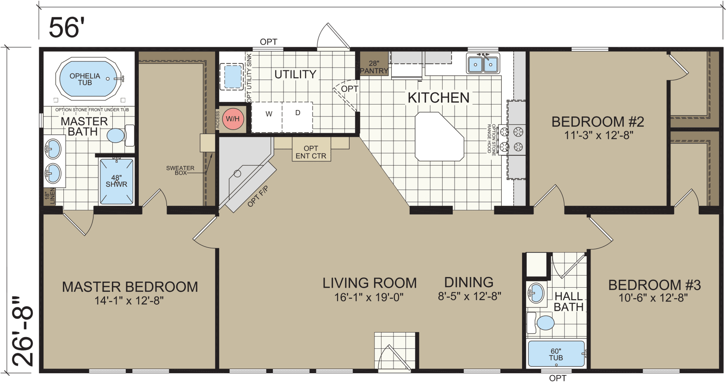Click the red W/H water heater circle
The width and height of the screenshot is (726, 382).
point(233,119)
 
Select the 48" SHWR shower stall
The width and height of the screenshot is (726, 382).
point(117,181)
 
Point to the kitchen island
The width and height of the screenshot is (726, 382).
point(438,137)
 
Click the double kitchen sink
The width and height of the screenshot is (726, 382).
point(483,64)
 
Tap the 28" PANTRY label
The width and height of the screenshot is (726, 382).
point(374,68)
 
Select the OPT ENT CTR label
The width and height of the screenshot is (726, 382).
point(311,152)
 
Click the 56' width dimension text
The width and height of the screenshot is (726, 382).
point(67,27)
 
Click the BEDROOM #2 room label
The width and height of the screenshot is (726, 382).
point(597,122)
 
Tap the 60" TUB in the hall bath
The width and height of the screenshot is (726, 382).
point(556,354)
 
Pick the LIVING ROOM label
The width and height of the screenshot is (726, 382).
point(369,283)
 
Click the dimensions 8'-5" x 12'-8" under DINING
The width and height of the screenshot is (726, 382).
point(469,296)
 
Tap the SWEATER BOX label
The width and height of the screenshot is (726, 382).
point(180,170)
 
